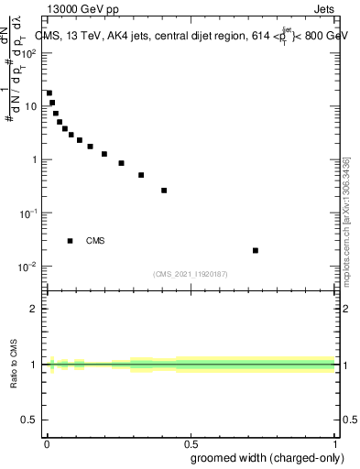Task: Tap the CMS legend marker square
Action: click(x=71, y=241)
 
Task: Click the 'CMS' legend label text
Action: click(x=95, y=241)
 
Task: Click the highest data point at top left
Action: click(x=49, y=93)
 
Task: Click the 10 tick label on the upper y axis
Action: click(x=33, y=106)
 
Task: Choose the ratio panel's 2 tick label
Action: click(x=36, y=309)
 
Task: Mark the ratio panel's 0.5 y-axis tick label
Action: click(x=32, y=420)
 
